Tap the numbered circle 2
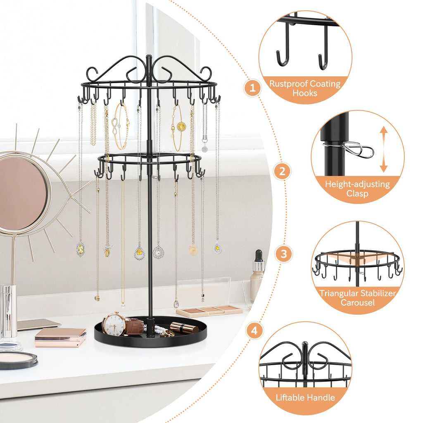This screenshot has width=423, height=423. tap(283, 171)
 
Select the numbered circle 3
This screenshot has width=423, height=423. tap(284, 254)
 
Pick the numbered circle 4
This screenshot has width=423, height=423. tap(256, 330)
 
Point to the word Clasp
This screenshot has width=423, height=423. tap(357, 193)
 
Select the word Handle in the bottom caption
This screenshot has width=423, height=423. tap(321, 398)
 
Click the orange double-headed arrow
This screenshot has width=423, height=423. tap(384, 149)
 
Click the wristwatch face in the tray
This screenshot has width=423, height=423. tap(114, 324)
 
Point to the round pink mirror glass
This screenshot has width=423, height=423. tap(23, 194)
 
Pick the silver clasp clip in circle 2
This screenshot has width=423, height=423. tap(355, 149)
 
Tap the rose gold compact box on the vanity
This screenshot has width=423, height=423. tap(60, 337)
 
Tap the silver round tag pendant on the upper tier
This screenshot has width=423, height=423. tap(204, 148)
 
